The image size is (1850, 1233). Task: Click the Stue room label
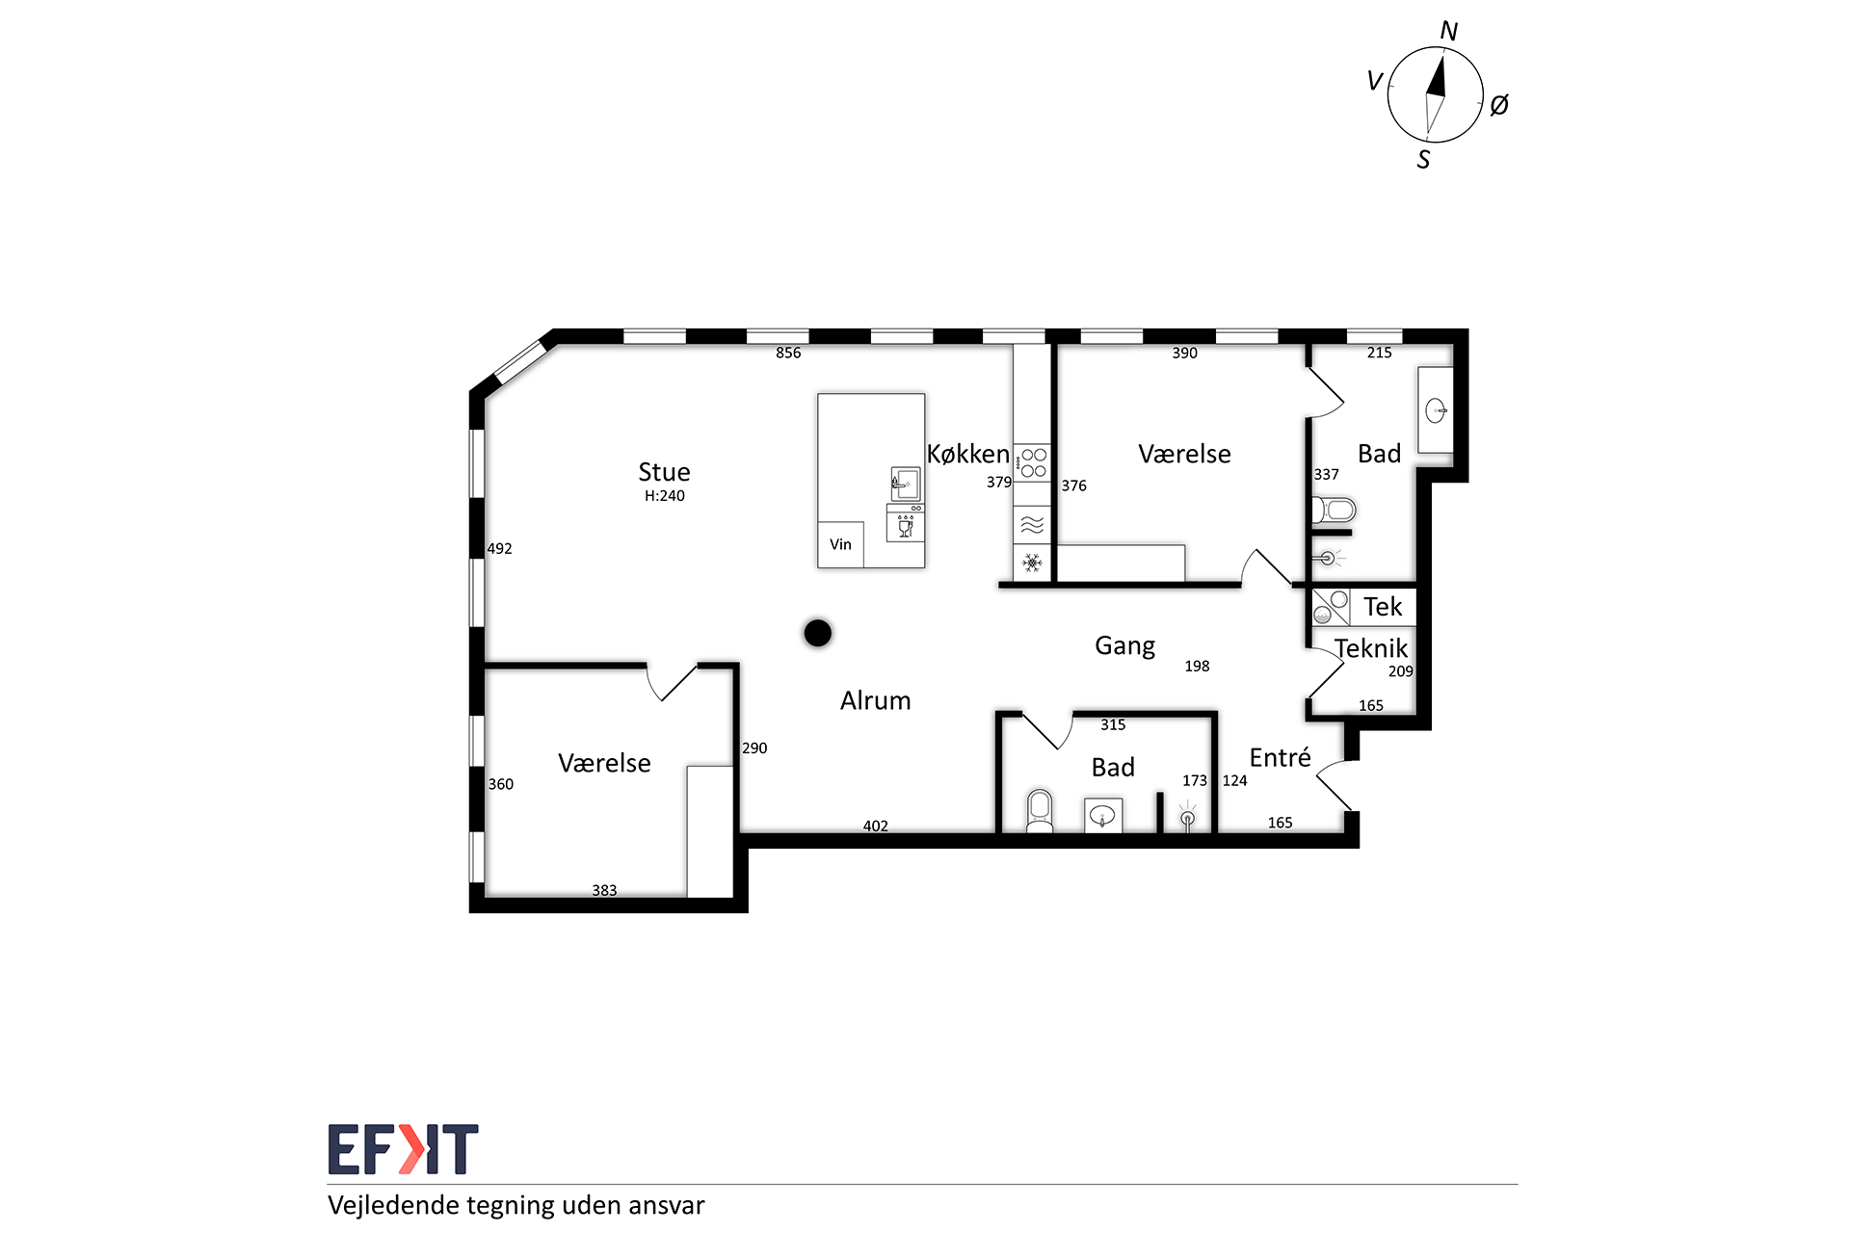[664, 472]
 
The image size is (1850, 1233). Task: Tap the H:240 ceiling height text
[665, 496]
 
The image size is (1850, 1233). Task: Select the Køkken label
[968, 454]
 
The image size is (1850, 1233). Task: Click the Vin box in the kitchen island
[840, 544]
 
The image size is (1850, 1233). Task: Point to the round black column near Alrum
[818, 633]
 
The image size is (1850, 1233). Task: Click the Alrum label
[875, 700]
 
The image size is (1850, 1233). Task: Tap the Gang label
[1124, 646]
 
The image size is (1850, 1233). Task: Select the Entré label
[1280, 757]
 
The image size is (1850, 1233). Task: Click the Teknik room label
[1371, 648]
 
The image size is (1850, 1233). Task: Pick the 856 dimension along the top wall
[788, 353]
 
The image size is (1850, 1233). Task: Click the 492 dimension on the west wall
[499, 548]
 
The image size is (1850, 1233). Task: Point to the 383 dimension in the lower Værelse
[604, 890]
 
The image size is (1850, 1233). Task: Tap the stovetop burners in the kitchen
[1033, 462]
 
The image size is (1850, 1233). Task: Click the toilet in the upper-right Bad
[1335, 510]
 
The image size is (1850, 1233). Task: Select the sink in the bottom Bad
[1102, 816]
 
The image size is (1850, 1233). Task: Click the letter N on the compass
[1448, 32]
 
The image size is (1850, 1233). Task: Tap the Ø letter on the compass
[1499, 105]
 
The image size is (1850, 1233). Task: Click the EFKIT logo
[403, 1149]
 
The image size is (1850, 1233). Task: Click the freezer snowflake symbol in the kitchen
[1032, 563]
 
